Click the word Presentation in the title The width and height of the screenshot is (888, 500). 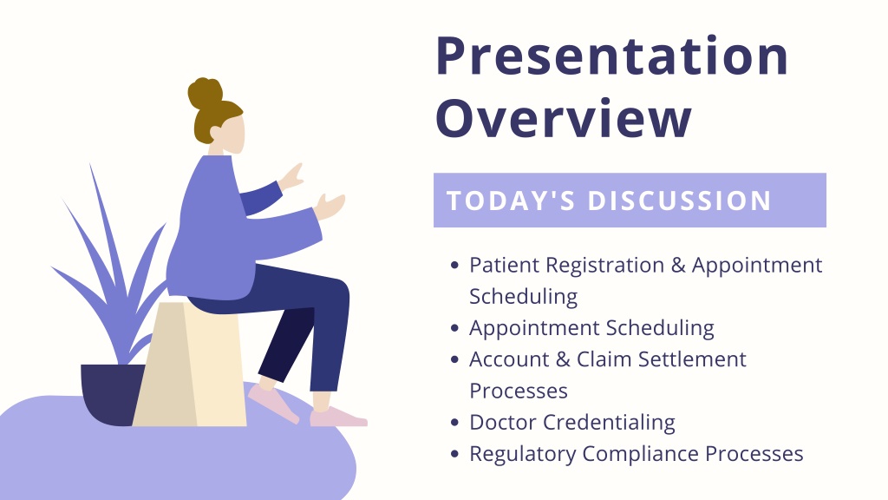(611, 56)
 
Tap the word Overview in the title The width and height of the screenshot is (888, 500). (564, 118)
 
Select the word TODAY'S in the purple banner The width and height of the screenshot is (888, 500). (511, 201)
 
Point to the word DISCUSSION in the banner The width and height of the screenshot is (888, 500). (680, 201)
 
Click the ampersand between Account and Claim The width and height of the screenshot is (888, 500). (562, 359)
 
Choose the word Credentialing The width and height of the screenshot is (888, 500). (609, 424)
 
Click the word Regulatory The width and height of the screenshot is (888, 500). (521, 455)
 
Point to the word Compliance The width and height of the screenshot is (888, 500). (640, 455)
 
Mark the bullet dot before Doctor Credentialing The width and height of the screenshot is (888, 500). (454, 423)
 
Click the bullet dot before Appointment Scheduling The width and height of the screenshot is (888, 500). (454, 328)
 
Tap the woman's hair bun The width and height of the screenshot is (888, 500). (205, 93)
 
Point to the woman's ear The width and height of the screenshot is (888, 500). (216, 133)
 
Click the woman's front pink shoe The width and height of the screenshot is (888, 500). (338, 418)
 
